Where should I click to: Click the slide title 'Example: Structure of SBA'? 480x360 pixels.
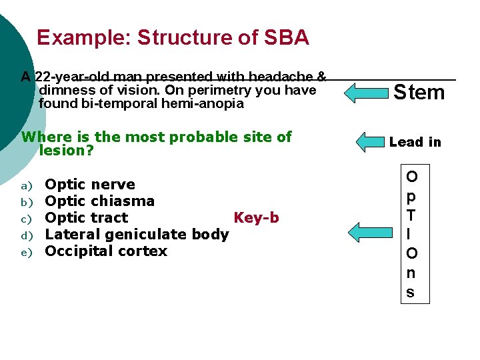click(x=173, y=37)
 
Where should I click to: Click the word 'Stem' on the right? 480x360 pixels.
click(x=419, y=92)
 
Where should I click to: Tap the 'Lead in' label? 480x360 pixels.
click(x=415, y=141)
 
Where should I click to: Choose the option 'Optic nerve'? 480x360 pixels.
click(x=89, y=185)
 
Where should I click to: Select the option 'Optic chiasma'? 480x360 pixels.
click(x=99, y=201)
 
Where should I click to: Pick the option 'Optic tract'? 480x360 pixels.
click(x=86, y=218)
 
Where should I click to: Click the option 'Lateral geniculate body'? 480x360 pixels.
click(x=137, y=235)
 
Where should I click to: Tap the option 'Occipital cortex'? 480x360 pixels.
click(x=106, y=251)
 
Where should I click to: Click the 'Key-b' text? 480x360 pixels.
click(x=256, y=218)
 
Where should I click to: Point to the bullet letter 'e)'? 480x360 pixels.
click(x=27, y=252)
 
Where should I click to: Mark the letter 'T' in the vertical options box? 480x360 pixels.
click(x=411, y=215)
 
